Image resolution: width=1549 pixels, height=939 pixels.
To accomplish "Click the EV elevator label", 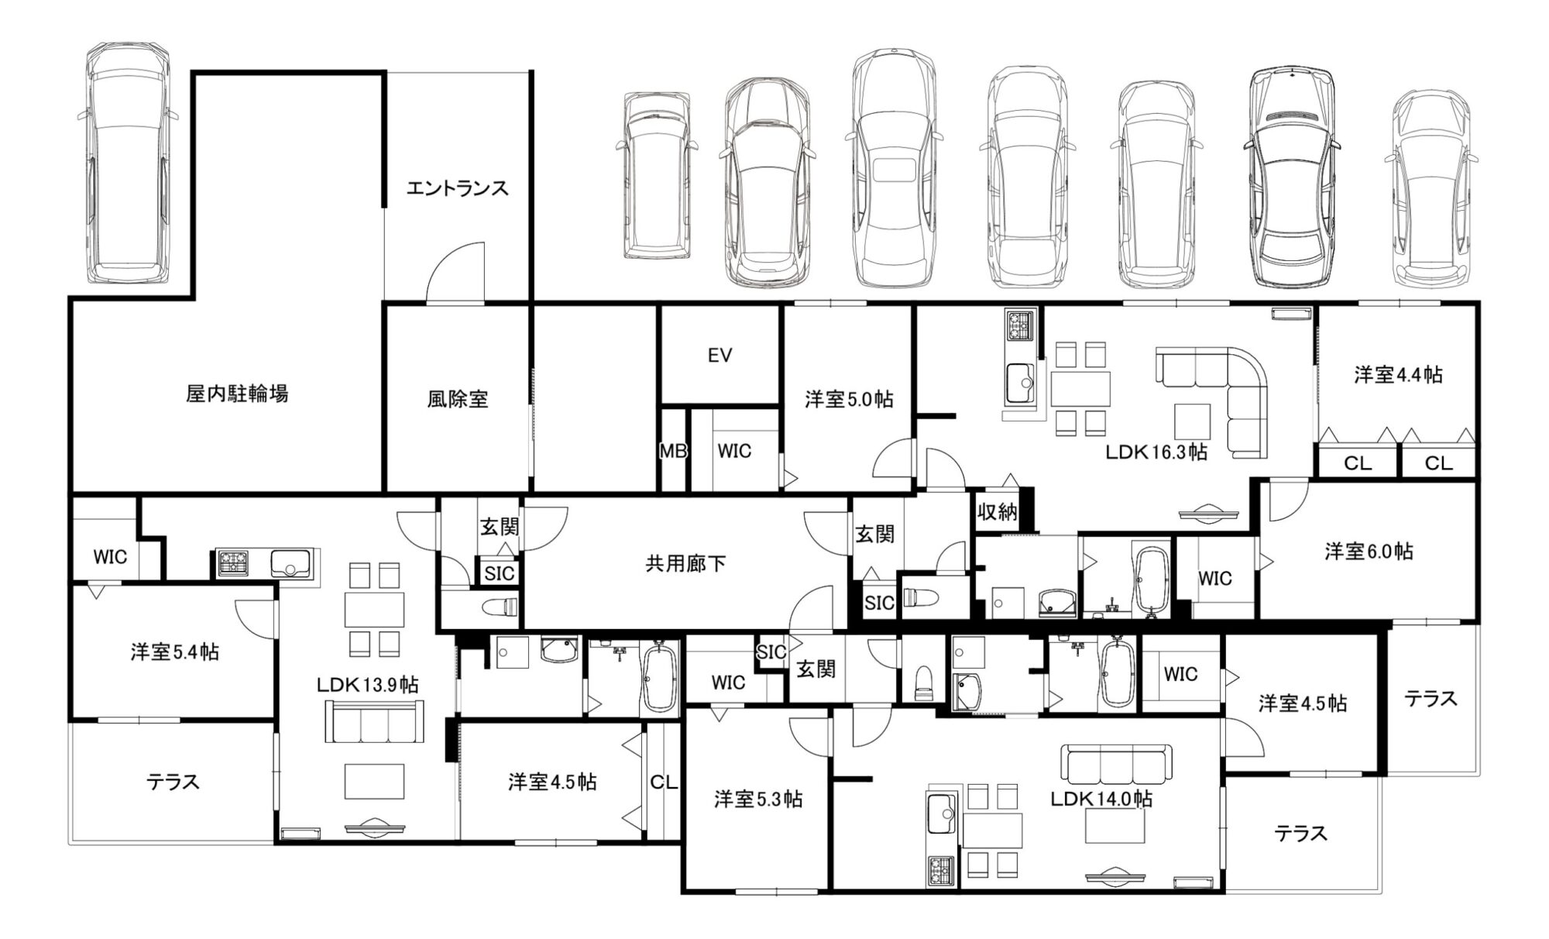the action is [720, 356].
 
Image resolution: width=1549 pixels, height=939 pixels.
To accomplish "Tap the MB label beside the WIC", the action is [673, 451].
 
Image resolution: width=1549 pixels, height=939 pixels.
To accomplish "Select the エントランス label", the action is [458, 188].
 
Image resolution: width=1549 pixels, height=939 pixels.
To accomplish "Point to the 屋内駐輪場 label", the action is [237, 394].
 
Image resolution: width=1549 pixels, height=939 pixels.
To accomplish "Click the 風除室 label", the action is [458, 399].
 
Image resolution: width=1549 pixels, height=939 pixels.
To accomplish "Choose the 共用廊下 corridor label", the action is [685, 563].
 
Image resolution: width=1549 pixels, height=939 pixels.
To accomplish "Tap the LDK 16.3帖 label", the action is [1156, 452].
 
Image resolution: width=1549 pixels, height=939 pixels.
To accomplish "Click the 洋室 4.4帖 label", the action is [1398, 375].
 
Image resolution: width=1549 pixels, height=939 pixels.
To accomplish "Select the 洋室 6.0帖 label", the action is [1369, 552].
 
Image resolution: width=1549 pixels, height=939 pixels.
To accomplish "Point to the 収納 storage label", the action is [997, 512].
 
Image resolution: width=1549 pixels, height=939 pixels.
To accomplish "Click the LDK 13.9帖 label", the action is [367, 685].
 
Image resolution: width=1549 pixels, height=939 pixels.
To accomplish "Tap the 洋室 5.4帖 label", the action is [174, 652].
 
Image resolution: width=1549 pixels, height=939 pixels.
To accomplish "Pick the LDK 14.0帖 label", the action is [1101, 799].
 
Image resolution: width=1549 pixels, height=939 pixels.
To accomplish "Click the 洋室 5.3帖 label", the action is [758, 800].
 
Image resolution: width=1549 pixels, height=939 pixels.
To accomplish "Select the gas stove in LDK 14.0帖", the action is [941, 872].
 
